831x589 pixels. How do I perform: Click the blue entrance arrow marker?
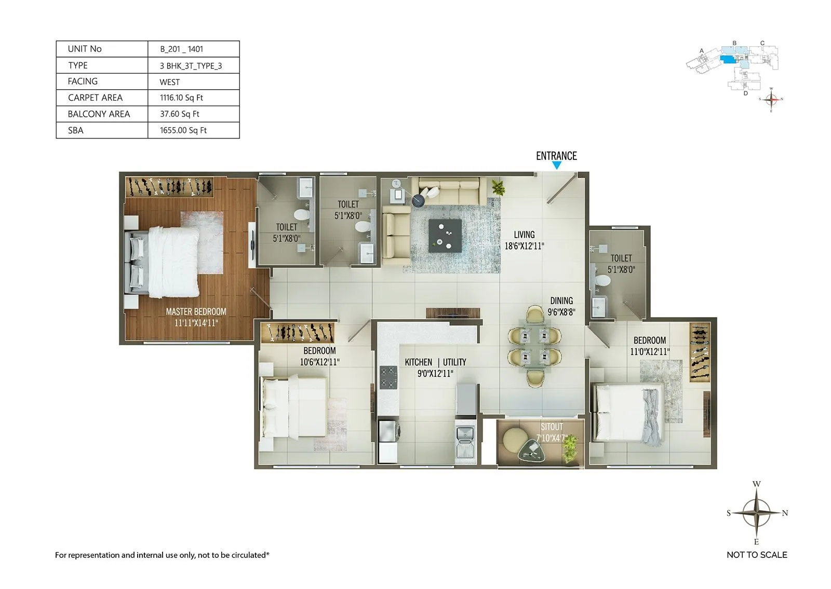(556, 166)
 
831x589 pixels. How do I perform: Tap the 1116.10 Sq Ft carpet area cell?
(181, 98)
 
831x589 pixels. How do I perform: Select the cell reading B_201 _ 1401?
(181, 49)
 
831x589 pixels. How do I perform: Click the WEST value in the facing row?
(170, 82)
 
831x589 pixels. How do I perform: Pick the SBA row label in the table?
(76, 130)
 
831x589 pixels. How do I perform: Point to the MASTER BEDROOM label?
(196, 312)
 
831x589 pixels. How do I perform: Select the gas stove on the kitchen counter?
(388, 377)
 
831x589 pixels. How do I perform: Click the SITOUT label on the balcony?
(552, 427)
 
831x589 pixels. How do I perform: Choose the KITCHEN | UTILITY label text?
(435, 362)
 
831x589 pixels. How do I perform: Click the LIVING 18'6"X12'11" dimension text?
(524, 246)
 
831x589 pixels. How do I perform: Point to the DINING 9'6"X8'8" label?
(561, 306)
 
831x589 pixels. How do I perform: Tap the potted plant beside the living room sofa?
(498, 187)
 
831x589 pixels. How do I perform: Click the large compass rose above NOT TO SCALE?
(757, 513)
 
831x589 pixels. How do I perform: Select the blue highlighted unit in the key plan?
(728, 60)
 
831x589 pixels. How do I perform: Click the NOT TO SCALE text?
(757, 555)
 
